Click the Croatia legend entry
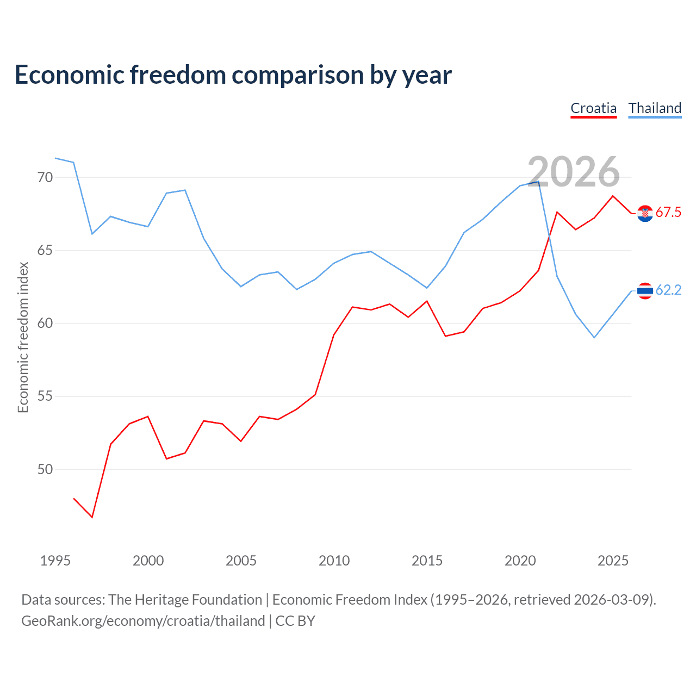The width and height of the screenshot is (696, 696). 593,108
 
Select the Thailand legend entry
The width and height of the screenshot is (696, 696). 655,108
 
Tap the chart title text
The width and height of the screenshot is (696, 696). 233,74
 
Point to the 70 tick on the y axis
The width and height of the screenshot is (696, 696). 45,177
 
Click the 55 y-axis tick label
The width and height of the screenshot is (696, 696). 45,396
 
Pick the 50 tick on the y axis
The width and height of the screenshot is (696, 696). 45,469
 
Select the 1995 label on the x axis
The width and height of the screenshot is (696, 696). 55,561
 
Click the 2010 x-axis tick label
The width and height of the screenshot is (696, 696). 334,561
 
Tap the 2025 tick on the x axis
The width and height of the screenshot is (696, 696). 613,561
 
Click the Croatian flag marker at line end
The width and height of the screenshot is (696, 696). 645,213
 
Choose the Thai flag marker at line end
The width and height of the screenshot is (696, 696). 645,291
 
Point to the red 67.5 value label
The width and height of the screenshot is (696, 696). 668,213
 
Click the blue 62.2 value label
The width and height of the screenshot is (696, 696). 668,290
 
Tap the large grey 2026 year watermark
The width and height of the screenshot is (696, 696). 574,172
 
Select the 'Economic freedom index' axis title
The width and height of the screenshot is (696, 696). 23,337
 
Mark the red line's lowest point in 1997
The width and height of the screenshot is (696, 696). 92,517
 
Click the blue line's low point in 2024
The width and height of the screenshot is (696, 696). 594,338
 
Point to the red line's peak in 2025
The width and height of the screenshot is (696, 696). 613,196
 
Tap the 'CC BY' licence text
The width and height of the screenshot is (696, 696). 295,621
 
